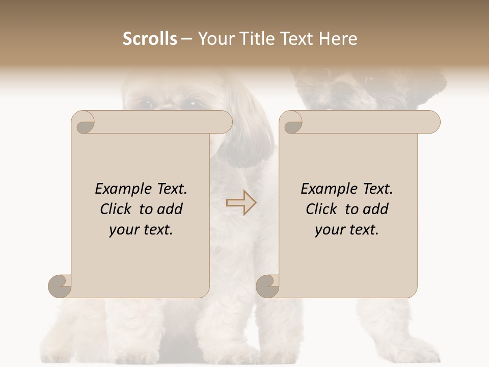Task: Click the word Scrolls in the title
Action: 150,39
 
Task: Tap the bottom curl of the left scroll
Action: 60,285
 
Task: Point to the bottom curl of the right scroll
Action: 268,285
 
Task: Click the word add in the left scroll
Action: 170,209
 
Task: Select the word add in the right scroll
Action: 375,209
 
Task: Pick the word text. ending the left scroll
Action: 156,230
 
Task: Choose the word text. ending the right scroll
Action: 362,230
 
